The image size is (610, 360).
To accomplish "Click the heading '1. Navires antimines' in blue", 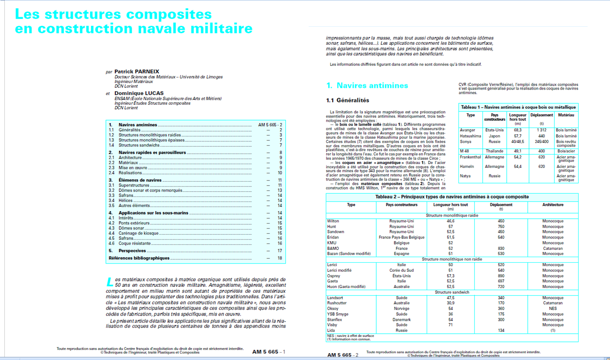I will point(367,85).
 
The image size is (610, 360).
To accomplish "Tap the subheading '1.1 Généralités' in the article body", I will point(347,101).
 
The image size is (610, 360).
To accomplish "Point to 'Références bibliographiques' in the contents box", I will point(139,258).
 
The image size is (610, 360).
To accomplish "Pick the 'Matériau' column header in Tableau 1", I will point(566,115).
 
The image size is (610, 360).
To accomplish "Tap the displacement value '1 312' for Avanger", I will point(542,130).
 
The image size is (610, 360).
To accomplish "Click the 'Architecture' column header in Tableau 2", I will point(553,205).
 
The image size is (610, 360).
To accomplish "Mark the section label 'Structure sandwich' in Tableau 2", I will point(452,292).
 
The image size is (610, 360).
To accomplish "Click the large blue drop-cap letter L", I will point(110,282).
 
